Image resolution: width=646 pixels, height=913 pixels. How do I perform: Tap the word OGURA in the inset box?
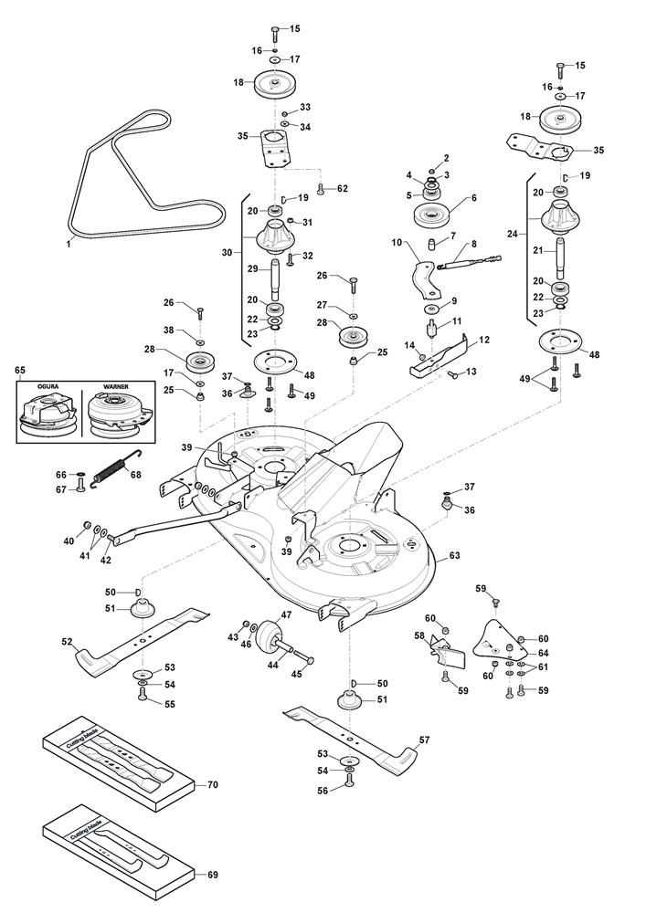48,386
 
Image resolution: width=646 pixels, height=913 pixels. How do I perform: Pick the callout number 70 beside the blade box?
213,785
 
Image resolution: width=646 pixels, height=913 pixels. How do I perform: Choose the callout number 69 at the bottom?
213,876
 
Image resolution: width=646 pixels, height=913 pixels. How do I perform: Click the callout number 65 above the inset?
20,370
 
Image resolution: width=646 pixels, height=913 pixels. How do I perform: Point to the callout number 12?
484,340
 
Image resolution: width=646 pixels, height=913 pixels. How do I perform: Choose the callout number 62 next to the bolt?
342,188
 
